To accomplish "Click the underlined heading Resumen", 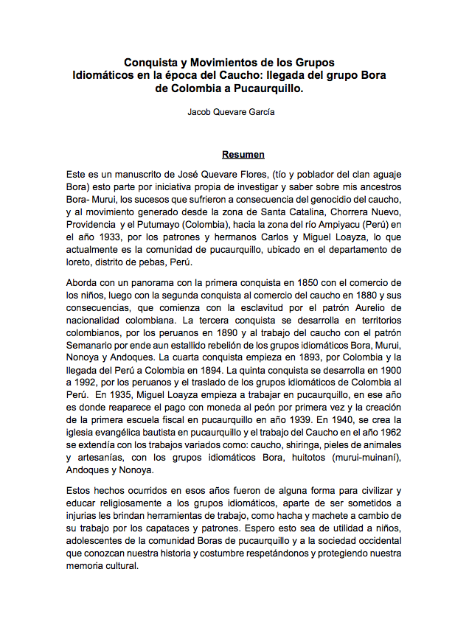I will (243, 155).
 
